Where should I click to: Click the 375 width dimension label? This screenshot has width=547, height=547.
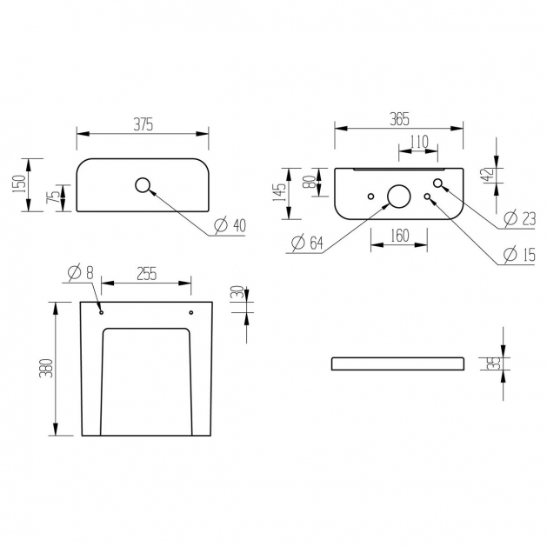(143, 124)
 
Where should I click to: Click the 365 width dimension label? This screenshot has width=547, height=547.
(399, 119)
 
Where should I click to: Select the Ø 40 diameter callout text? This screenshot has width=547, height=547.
(230, 225)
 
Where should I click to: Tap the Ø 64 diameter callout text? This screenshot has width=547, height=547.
(307, 243)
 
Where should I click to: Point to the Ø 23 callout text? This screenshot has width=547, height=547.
(520, 219)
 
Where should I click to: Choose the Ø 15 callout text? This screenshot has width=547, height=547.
(519, 254)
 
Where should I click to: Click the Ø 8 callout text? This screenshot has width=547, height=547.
(81, 272)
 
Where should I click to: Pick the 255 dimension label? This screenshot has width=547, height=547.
(146, 274)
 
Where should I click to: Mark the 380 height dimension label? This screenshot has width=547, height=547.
(46, 368)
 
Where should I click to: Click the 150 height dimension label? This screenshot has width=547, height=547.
(19, 184)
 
